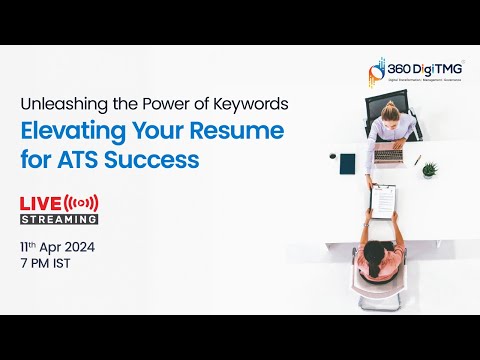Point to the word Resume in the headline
[238, 132]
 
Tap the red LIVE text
[40, 204]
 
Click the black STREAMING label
[59, 219]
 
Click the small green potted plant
[429, 169]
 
